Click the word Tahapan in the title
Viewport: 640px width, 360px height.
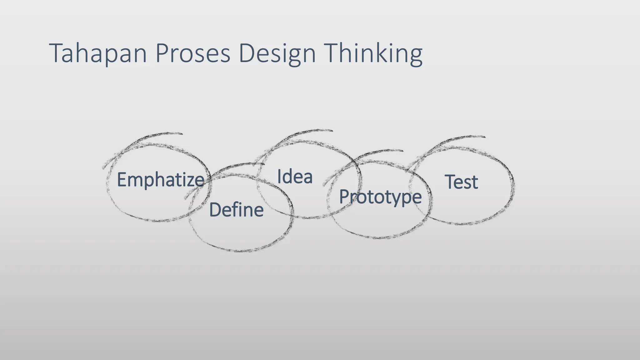98,53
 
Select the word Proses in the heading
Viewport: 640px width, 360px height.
192,53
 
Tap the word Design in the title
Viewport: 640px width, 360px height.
277,53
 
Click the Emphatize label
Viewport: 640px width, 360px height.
160,180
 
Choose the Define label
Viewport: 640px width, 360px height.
236,210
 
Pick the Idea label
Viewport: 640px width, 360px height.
295,177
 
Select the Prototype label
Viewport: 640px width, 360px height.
380,197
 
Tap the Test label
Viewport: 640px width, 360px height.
461,182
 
